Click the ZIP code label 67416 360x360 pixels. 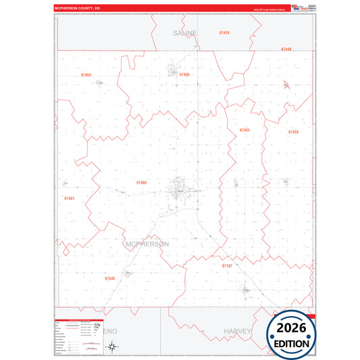[224, 32]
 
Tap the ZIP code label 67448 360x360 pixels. [286, 49]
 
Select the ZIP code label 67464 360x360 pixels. [85, 74]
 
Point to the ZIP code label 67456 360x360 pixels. [184, 74]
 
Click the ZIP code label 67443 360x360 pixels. [245, 130]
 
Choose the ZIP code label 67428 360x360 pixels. [293, 132]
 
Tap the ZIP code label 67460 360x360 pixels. [141, 182]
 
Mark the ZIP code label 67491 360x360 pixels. [69, 199]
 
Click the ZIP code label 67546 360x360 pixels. [110, 278]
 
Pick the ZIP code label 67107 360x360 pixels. [227, 266]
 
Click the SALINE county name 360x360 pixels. [184, 32]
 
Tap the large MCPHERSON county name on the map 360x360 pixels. [147, 243]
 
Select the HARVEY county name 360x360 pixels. [237, 332]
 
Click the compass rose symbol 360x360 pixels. [113, 346]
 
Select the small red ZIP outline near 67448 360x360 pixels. [288, 84]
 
